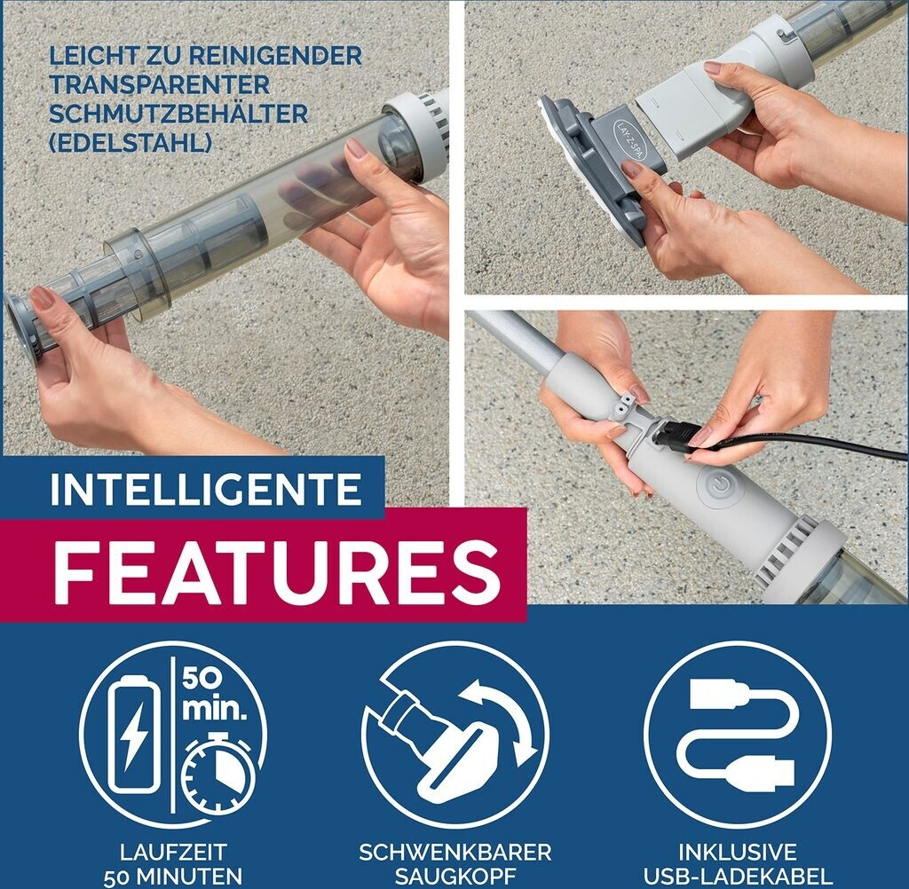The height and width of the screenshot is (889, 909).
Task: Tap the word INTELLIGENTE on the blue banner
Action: click(206, 489)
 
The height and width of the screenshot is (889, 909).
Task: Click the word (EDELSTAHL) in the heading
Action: click(130, 143)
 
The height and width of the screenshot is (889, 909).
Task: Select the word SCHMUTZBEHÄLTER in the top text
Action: click(178, 113)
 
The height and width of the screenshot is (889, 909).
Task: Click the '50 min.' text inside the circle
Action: click(214, 695)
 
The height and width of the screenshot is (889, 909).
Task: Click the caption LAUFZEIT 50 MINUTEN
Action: click(173, 863)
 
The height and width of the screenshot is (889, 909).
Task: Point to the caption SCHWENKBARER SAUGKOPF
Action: click(455, 863)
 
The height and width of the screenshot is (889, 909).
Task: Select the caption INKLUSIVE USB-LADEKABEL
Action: click(738, 863)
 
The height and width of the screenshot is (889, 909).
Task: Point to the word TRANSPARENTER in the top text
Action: click(160, 84)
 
